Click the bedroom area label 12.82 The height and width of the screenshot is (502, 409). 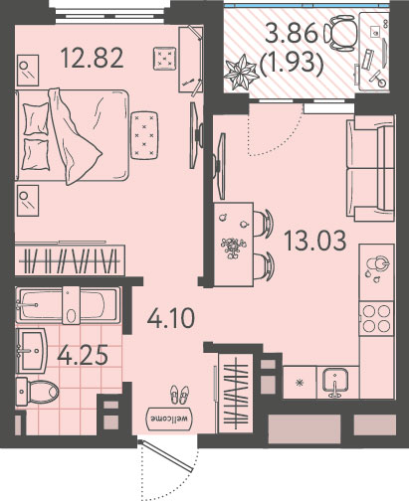coord(93,58)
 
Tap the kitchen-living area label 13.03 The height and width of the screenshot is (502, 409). coord(315,241)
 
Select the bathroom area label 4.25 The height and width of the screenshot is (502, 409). coord(83,355)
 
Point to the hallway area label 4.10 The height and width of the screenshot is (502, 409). coord(171,318)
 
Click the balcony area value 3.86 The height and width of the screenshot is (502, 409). coord(292,33)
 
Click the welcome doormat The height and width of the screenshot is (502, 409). coord(169,418)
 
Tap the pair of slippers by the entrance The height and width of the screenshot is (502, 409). coord(179,395)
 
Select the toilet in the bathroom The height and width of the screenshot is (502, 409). coord(37,392)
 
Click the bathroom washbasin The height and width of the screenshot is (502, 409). coord(31,350)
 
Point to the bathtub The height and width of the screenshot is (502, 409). coord(68,305)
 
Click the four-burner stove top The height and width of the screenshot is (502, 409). coord(376,318)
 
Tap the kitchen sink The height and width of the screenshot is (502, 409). coord(337,383)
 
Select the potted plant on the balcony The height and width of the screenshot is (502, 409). coord(241,72)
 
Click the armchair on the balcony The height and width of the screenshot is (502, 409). coord(341,34)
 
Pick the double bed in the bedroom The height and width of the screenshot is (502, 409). coord(72,135)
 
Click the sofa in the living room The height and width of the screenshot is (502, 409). coord(370,168)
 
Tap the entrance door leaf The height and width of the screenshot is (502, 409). coord(165,455)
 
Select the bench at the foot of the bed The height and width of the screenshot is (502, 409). coord(144,135)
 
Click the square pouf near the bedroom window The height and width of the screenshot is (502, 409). coord(164,59)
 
